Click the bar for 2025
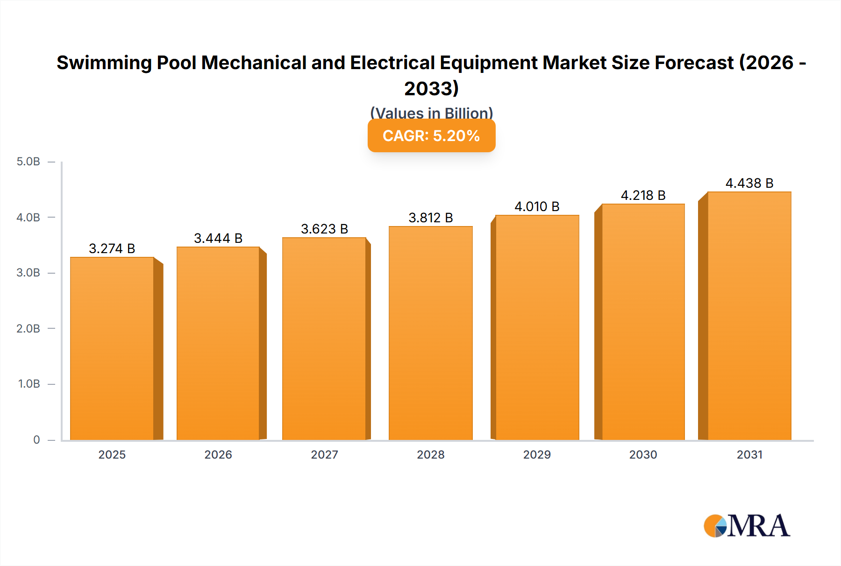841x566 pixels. point(112,348)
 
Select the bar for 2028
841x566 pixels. point(430,333)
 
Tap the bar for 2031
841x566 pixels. point(749,316)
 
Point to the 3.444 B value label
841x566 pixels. point(218,238)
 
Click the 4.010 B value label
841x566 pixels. point(537,206)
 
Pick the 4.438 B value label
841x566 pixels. point(749,183)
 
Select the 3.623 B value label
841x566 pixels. point(324,229)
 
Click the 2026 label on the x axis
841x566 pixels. point(218,454)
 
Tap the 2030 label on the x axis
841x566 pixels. point(643,454)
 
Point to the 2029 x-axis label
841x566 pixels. point(537,454)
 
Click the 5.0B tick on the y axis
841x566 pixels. point(29,162)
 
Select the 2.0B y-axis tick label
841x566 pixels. point(29,328)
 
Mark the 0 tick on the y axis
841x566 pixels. point(36,439)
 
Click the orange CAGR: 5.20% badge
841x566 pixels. point(431,136)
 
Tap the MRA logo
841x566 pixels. point(747,526)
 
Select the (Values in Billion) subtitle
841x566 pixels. point(431,113)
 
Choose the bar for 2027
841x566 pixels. point(324,339)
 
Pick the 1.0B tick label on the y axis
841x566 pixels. point(29,384)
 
